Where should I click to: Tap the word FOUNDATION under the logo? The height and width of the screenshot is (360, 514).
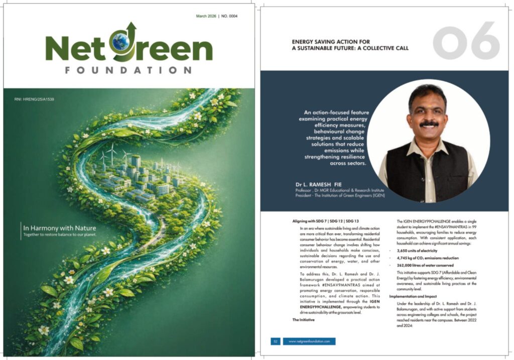[x=128, y=70]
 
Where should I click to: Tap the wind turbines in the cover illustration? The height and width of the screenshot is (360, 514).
[x=111, y=151]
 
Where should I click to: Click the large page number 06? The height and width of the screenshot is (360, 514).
[x=466, y=41]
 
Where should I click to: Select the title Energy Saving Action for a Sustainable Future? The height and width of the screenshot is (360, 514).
[x=350, y=45]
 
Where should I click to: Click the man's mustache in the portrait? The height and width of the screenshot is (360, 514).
[x=429, y=123]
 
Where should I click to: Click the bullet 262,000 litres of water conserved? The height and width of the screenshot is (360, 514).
[x=425, y=265]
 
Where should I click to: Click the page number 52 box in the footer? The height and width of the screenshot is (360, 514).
[x=275, y=341]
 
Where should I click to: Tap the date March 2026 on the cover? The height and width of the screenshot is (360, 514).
[x=206, y=16]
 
